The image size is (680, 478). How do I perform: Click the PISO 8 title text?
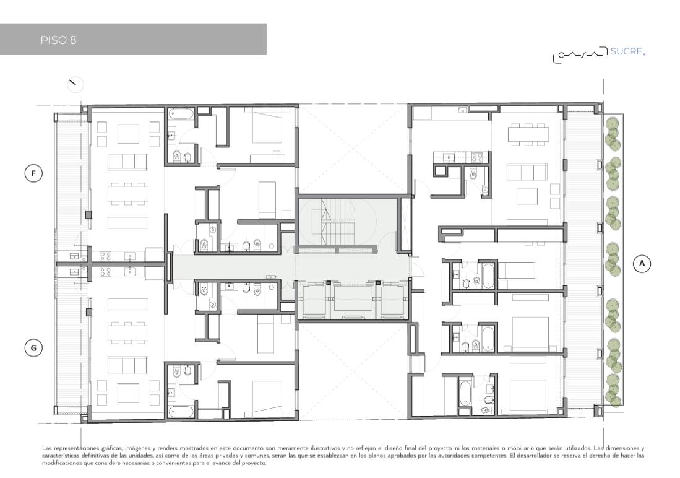point(59,40)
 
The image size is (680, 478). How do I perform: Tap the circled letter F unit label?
point(33,173)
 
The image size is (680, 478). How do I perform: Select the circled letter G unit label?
point(33,348)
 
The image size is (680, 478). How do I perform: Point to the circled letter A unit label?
point(642,263)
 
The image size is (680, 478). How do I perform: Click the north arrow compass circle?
point(75,85)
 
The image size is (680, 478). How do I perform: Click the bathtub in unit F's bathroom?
point(181,114)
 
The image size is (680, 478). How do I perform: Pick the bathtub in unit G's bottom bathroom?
point(181,411)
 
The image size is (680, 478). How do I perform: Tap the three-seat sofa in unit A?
point(527,172)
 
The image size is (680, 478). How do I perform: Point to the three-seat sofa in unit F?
point(128,162)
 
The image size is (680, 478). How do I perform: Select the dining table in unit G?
point(128,332)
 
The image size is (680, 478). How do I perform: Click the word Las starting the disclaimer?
point(46,448)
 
